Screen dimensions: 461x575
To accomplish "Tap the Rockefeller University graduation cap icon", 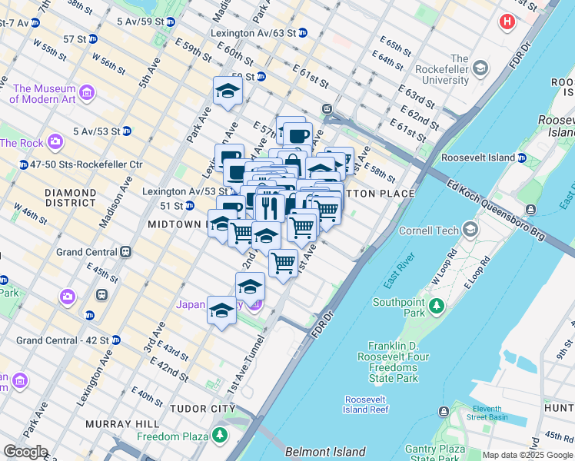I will pos(480,68).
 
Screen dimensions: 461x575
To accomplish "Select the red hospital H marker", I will pos(506,22).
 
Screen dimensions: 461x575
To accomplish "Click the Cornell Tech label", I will pos(428,230).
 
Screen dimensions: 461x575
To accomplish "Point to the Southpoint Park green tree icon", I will pos(437,307).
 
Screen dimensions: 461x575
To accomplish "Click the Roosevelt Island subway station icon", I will pos(521,158).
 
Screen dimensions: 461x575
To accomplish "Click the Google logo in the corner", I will pos(25,452).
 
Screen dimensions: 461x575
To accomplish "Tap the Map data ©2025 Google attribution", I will pos(527,455).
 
